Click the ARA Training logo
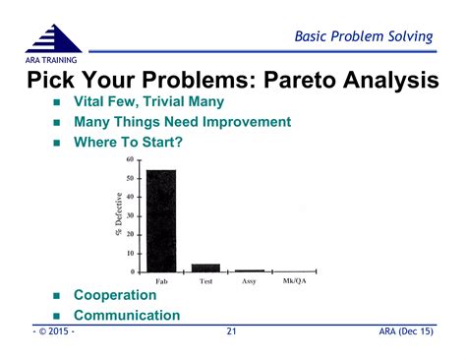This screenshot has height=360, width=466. click(x=53, y=44)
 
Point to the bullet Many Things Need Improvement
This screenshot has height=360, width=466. click(x=182, y=122)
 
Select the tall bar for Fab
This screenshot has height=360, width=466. click(x=161, y=220)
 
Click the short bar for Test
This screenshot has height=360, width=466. click(x=205, y=267)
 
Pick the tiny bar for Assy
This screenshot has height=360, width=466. click(x=249, y=270)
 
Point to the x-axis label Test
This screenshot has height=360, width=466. click(x=205, y=281)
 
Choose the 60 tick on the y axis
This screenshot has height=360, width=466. click(x=131, y=159)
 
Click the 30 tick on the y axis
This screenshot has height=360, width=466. click(x=131, y=215)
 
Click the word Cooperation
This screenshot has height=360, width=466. click(x=115, y=295)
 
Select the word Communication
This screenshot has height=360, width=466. click(x=127, y=316)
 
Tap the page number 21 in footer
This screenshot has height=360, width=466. click(x=232, y=333)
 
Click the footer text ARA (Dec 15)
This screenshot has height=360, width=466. click(x=405, y=333)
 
